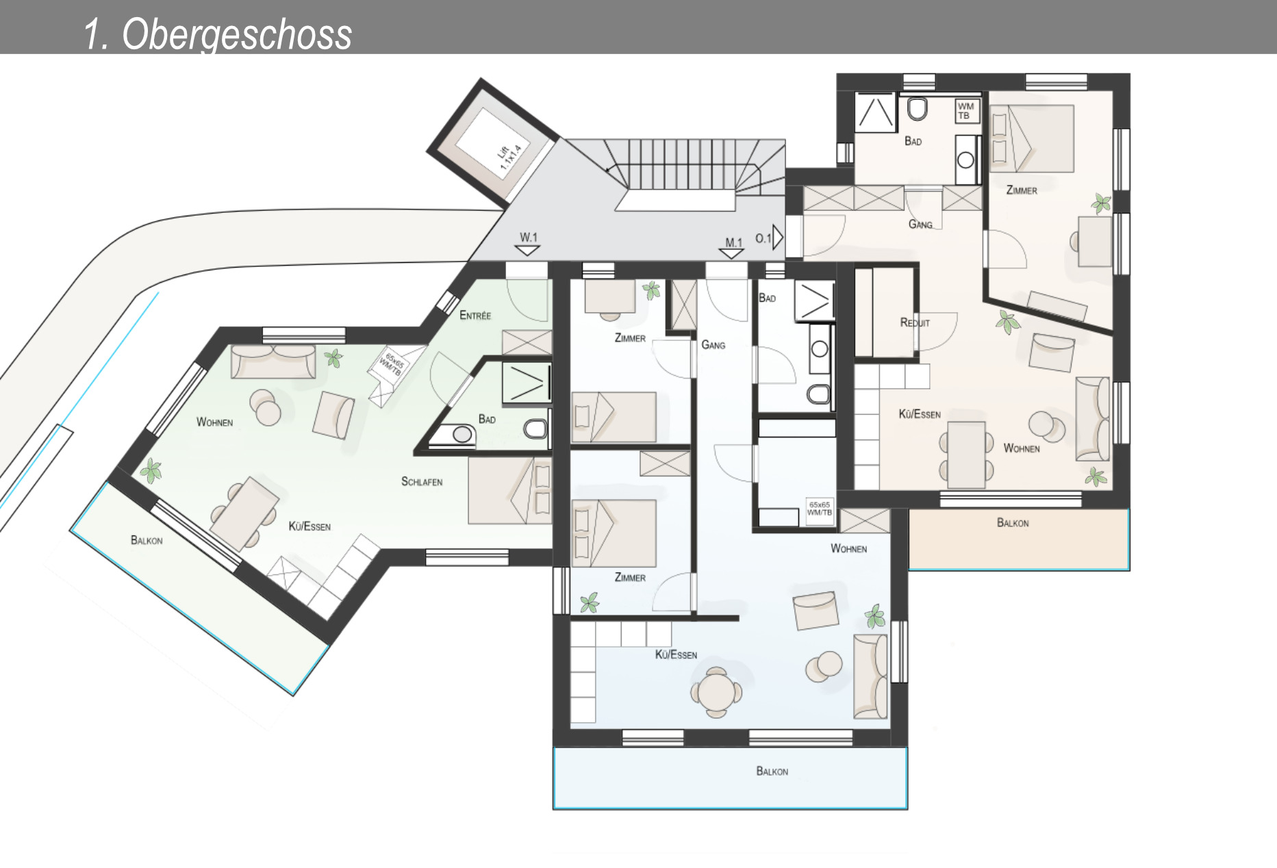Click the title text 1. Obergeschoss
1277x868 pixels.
(x=218, y=34)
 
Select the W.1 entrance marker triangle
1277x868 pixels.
(x=527, y=251)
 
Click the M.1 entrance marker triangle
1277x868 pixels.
(x=733, y=254)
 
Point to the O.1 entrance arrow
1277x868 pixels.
(x=778, y=238)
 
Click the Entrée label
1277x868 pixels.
(x=475, y=316)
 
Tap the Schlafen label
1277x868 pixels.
(x=422, y=482)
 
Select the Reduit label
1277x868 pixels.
(x=915, y=322)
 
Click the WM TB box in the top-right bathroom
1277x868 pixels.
(x=965, y=111)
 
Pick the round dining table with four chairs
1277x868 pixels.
(x=716, y=692)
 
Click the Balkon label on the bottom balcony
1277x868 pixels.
(x=772, y=771)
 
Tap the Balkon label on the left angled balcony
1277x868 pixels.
(x=147, y=541)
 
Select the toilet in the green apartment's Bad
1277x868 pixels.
(x=536, y=429)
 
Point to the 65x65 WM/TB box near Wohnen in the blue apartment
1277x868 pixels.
(x=820, y=509)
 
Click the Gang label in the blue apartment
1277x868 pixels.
(x=713, y=345)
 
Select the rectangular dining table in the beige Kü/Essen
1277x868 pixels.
(x=966, y=454)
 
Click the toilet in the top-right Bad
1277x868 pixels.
(x=917, y=108)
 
